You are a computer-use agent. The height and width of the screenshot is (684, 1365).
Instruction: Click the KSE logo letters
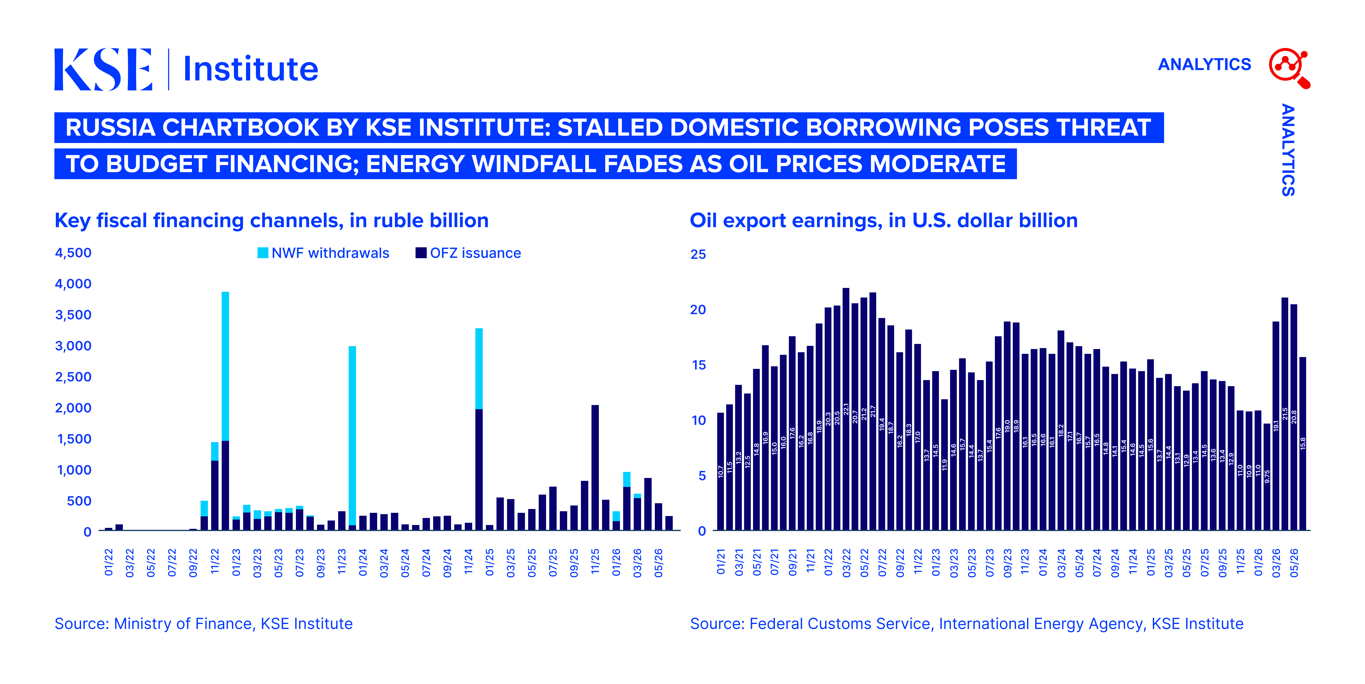103,69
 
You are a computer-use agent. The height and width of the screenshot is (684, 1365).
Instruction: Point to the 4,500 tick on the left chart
73,253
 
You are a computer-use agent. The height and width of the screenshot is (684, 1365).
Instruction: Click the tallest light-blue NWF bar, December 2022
225,366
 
